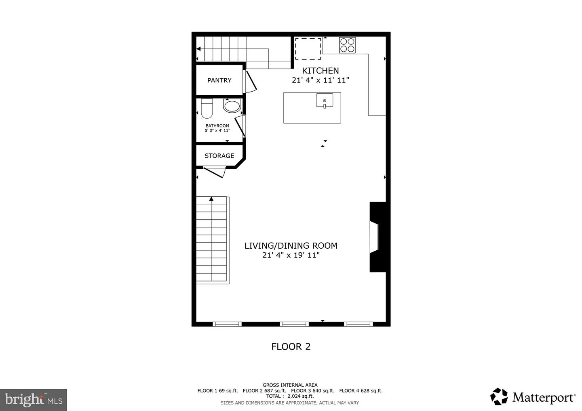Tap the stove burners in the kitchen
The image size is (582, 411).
(347, 45)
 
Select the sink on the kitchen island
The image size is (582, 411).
(325, 100)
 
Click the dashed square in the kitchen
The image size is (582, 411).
(308, 49)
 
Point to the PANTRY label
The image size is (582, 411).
(219, 80)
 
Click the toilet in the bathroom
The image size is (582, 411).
(207, 107)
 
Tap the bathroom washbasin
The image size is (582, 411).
(232, 106)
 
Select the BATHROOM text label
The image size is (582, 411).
(217, 126)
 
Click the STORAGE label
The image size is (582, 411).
(219, 156)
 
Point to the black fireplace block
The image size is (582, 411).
(379, 237)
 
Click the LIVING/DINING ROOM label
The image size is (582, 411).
(291, 245)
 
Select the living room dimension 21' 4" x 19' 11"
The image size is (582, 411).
(291, 255)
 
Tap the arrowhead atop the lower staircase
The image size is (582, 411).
(211, 199)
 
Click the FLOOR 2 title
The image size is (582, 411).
(291, 346)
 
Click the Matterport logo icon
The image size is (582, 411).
(499, 396)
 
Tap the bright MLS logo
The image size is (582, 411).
(33, 400)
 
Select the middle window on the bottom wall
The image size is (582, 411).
(294, 324)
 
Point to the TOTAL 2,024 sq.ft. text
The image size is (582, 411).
(289, 396)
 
